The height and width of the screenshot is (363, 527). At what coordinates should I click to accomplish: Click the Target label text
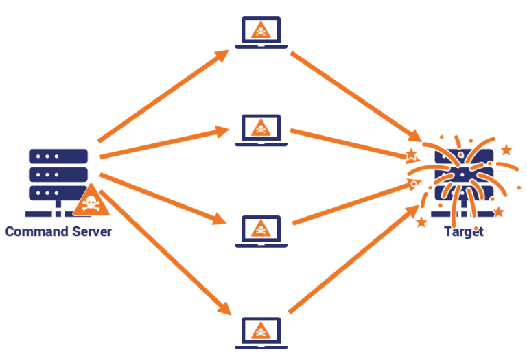[464, 231]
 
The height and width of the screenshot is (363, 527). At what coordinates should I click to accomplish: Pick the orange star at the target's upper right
[506, 150]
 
